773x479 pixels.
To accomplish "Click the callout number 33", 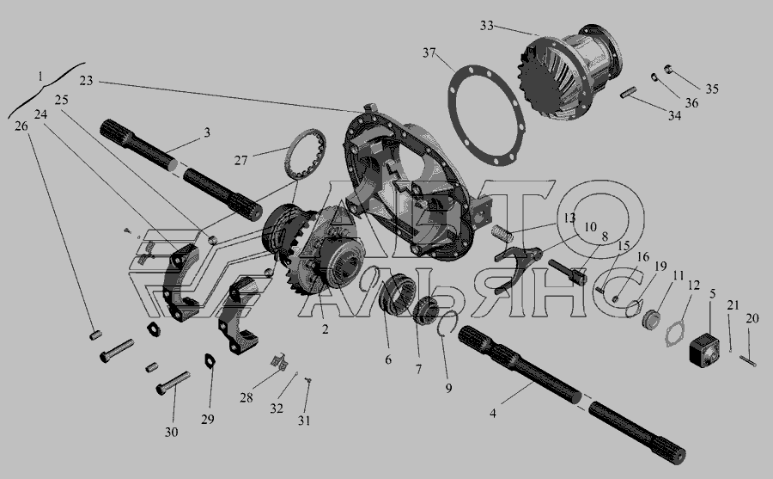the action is pyautogui.click(x=486, y=25).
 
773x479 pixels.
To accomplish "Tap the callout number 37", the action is pyautogui.click(x=429, y=52).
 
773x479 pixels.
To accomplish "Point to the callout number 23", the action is pyautogui.click(x=86, y=81).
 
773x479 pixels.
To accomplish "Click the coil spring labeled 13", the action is pyautogui.click(x=504, y=231).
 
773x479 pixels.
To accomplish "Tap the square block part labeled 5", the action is pyautogui.click(x=704, y=349).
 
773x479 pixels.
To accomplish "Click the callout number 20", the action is pyautogui.click(x=752, y=319).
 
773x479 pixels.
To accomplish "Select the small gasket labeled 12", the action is pyautogui.click(x=676, y=335).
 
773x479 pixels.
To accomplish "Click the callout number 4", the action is pyautogui.click(x=493, y=413).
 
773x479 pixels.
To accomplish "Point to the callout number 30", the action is pyautogui.click(x=171, y=432).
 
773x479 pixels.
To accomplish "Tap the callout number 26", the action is pyautogui.click(x=21, y=126).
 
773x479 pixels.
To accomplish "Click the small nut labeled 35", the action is pyautogui.click(x=668, y=69).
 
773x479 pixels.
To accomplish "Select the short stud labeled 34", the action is pyautogui.click(x=630, y=92).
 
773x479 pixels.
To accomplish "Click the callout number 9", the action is pyautogui.click(x=448, y=388).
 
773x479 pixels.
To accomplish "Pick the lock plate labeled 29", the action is pyautogui.click(x=211, y=360).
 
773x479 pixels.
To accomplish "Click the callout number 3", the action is pyautogui.click(x=207, y=132).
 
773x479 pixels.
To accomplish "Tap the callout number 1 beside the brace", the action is pyautogui.click(x=40, y=77).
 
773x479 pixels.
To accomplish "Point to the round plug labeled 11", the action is pyautogui.click(x=651, y=320).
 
